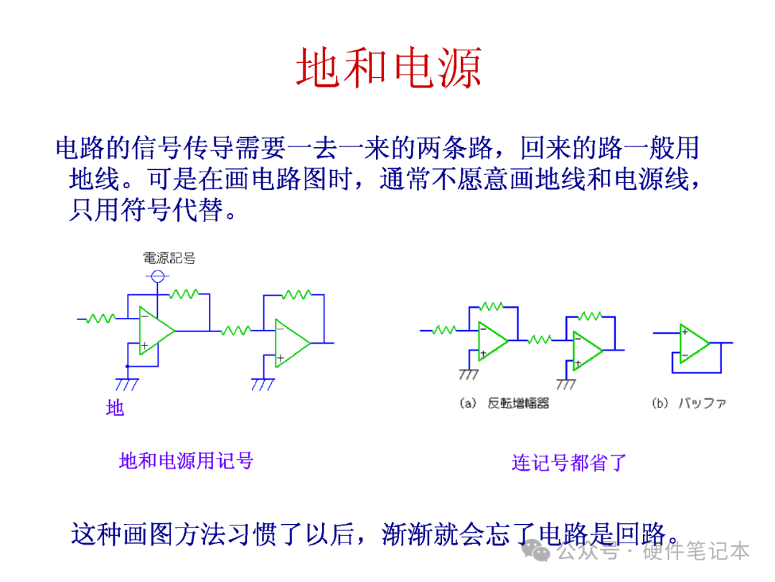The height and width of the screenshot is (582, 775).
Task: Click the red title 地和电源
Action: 388,68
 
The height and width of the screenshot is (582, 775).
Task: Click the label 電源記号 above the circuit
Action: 169,258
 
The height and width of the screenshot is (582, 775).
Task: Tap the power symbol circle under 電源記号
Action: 158,276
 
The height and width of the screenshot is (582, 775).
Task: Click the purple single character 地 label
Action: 115,408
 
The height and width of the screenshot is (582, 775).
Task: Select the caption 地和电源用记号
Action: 186,460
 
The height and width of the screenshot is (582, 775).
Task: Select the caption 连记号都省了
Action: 569,463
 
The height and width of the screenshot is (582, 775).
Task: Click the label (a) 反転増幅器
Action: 504,403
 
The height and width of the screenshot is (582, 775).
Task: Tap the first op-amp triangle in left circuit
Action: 155,331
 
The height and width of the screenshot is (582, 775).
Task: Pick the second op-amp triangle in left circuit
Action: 291,343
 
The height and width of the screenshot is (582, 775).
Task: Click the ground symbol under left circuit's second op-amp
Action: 263,383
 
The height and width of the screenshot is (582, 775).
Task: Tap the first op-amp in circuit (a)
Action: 492,340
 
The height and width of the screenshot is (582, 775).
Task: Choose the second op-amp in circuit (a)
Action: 586,349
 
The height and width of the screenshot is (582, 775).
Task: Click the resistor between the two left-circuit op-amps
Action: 235,331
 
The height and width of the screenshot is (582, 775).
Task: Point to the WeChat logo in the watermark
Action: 537,550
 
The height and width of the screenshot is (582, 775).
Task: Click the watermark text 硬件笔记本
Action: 696,551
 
